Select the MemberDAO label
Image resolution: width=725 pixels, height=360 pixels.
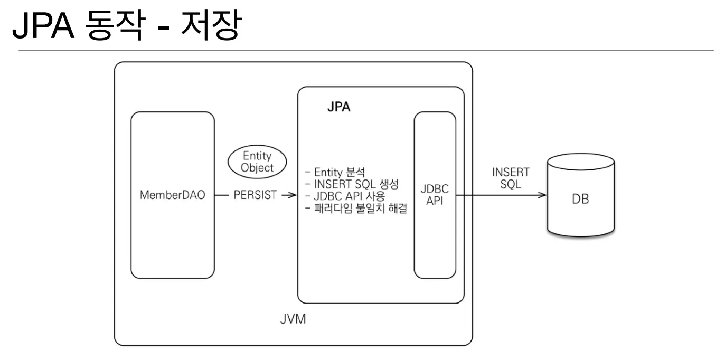(x=172, y=195)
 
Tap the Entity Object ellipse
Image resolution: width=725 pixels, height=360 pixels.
(x=257, y=162)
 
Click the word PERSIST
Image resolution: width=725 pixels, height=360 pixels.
(x=255, y=195)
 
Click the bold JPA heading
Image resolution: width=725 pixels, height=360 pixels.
(x=338, y=107)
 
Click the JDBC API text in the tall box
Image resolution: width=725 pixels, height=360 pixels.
(x=434, y=195)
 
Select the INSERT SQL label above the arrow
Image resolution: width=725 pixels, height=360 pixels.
(x=510, y=178)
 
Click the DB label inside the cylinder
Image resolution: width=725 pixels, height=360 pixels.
(x=580, y=200)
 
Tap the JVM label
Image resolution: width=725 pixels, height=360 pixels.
(x=293, y=320)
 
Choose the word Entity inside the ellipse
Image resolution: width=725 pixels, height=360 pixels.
(x=257, y=156)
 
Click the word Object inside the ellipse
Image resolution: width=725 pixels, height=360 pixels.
(x=257, y=168)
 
